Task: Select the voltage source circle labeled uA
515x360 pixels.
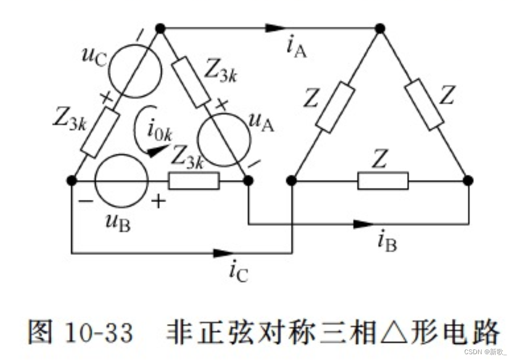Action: (x=223, y=139)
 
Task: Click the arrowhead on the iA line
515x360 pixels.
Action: (x=276, y=27)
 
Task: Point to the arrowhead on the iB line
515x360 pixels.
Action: (x=364, y=224)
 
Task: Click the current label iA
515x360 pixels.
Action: (x=296, y=47)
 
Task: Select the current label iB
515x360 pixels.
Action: (x=387, y=243)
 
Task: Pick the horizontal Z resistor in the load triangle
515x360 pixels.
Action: (x=382, y=181)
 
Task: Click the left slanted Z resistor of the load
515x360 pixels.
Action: (x=335, y=107)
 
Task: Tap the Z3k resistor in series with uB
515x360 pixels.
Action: (x=193, y=181)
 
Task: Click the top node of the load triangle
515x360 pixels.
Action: (x=379, y=28)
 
